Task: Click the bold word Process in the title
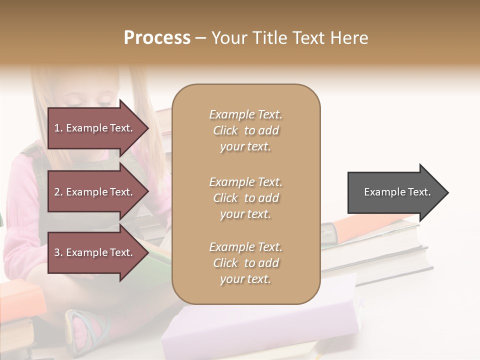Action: point(157,38)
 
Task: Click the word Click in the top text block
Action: point(225,131)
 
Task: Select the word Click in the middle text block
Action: point(225,198)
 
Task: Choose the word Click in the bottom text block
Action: point(225,263)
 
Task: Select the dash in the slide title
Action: point(201,38)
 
